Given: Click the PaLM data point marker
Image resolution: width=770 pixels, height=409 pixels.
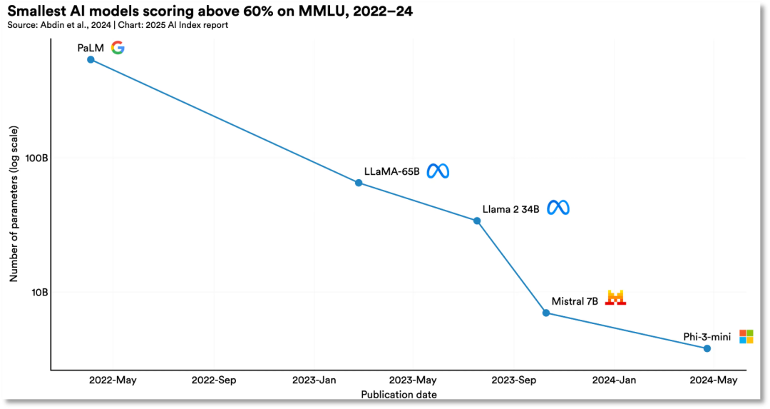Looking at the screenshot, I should coord(91,59).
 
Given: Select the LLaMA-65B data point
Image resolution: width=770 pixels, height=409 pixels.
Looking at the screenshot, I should coord(359,183).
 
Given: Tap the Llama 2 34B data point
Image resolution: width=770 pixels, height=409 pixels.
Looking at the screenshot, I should coord(478,221).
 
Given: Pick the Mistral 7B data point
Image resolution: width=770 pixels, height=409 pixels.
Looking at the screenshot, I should coord(546,313).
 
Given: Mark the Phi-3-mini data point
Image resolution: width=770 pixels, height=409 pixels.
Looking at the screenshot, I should coord(707,348).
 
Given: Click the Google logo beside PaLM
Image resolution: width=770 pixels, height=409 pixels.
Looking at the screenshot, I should coord(118,48).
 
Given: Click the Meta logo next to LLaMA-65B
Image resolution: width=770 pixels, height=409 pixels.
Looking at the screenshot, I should coord(438,171).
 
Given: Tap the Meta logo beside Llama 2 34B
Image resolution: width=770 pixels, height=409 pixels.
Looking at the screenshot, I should coord(558,208).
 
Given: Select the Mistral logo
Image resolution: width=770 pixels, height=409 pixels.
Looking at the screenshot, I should coord(615,298).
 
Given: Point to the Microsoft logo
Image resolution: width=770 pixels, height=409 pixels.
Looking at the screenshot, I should coord(746,336).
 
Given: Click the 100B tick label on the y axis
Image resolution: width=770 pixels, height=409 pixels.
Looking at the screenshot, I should coord(36,158).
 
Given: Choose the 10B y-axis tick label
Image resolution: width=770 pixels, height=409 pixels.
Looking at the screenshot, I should coord(38,292).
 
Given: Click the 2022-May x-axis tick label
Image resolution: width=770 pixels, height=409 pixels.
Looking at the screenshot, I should coord(113,380).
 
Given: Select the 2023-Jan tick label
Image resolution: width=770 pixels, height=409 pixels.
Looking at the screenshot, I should coord(314,380).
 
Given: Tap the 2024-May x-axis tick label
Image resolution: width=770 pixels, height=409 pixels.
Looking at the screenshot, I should coord(714,380).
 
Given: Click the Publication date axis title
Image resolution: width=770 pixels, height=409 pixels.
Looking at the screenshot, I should coord(399,395).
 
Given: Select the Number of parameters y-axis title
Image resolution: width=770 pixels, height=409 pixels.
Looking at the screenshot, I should coord(14,206).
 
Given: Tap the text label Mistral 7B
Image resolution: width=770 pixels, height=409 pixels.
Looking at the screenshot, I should coord(575,301).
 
